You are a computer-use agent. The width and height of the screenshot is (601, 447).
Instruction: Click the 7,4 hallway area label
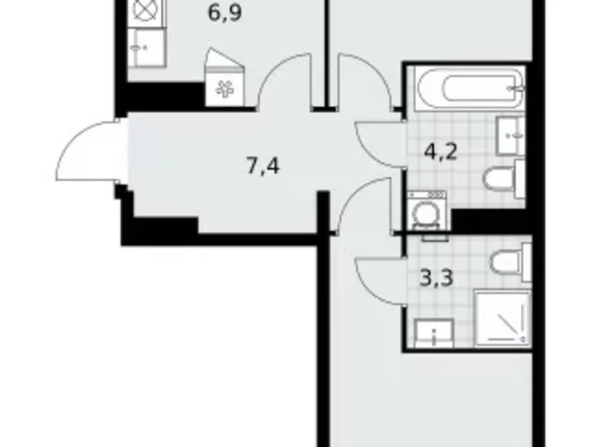coord(263,165)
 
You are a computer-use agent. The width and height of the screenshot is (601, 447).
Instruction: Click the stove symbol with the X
coord(145,11)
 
